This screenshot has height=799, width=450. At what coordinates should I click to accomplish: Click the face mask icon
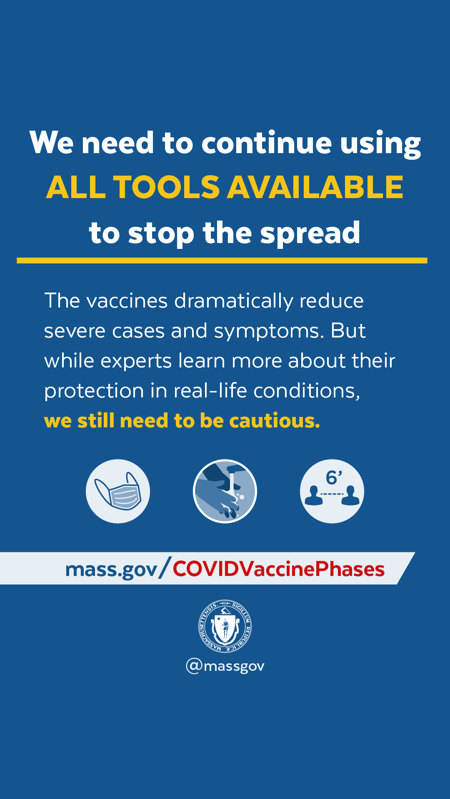[x=118, y=491]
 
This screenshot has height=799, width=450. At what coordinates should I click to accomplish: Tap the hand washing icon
[x=225, y=491]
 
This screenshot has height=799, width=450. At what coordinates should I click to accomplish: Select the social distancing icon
[x=332, y=491]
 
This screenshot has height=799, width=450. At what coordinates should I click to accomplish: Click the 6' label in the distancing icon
[x=334, y=477]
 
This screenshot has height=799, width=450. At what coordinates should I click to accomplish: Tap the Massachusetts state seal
[x=225, y=626]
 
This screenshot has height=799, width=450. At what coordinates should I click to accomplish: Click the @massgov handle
[x=225, y=666]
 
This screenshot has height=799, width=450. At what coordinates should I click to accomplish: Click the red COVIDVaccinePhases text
[x=279, y=569]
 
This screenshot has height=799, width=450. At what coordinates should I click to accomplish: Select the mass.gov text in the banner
[x=111, y=570]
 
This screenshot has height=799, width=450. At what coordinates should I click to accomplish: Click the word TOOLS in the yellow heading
[x=166, y=187]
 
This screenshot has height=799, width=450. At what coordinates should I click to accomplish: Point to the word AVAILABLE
[x=315, y=187]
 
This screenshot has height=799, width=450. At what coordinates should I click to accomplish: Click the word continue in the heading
[x=267, y=143]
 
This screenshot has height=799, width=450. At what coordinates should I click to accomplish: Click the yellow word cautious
[x=275, y=421]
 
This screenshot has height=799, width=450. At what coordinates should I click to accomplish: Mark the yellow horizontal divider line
[x=222, y=261]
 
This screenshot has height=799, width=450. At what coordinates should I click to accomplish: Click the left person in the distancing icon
[x=314, y=496]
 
